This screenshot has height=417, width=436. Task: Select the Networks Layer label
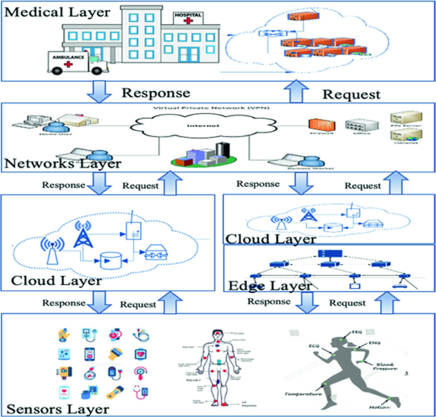[x=62, y=165]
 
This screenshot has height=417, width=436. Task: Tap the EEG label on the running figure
[x=358, y=332]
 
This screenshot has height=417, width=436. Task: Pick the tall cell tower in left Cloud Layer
[x=81, y=238]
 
